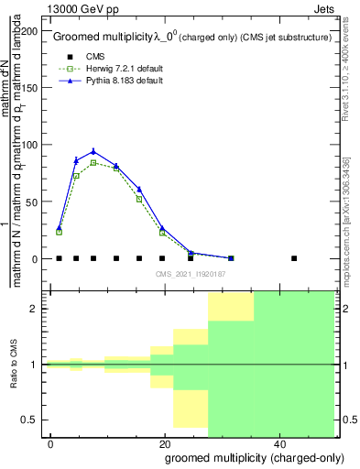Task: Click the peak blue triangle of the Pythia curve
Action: [93, 151]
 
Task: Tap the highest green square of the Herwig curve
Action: [93, 163]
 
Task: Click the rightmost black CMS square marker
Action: [294, 258]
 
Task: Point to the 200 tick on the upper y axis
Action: [32, 30]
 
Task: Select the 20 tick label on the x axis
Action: [164, 444]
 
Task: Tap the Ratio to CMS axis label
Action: [15, 365]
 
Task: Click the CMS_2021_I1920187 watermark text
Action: [191, 274]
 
